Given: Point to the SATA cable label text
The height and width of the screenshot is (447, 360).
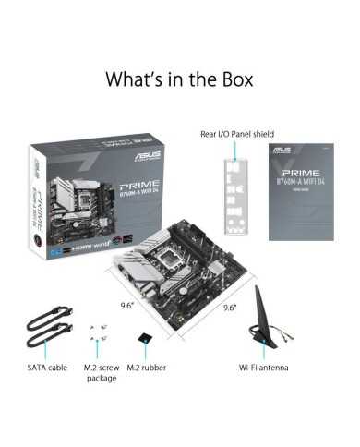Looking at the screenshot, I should click(x=45, y=368).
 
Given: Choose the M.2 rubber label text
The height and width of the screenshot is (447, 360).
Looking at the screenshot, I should click(x=148, y=368).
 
